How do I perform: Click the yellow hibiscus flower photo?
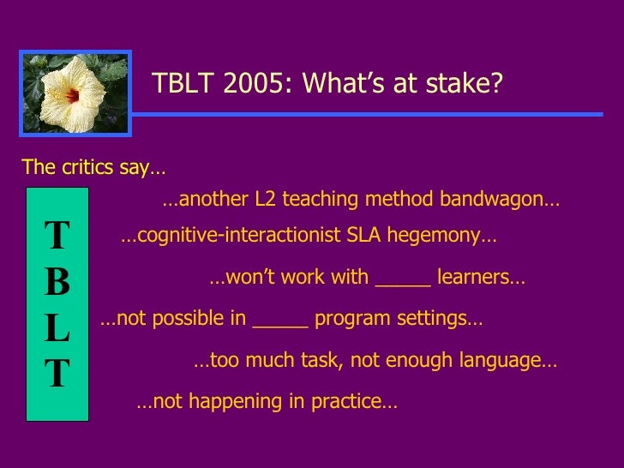pos(75,93)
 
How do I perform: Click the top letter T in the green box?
pos(57,236)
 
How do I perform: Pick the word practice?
pos(351,402)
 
